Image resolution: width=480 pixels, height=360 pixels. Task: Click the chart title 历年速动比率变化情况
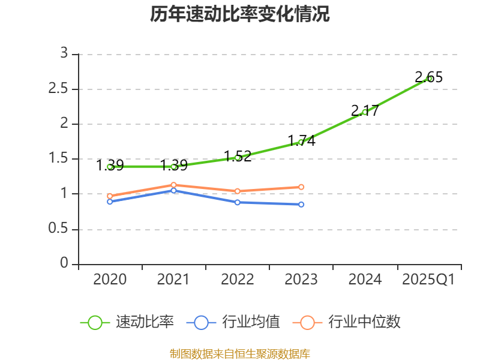click(x=240, y=14)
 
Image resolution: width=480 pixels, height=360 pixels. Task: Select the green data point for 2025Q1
click(x=429, y=79)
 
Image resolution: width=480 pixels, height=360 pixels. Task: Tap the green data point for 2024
click(x=365, y=112)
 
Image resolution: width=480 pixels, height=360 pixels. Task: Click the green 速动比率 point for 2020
click(x=110, y=167)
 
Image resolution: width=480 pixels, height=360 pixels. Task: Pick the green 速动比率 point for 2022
click(x=238, y=158)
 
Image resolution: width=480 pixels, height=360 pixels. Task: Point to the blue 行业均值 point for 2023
click(x=301, y=205)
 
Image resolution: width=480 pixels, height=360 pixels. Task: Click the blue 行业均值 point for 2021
click(x=173, y=190)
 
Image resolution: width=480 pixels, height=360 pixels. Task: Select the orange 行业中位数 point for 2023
click(x=301, y=187)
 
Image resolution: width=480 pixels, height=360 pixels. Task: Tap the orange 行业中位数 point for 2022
click(x=238, y=191)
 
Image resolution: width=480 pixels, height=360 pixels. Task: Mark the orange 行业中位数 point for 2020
click(x=110, y=196)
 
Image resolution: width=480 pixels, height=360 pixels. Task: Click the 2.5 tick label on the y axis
click(x=59, y=89)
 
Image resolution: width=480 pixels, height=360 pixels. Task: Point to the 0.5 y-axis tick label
click(x=59, y=230)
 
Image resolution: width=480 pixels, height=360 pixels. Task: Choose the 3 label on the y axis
click(x=64, y=54)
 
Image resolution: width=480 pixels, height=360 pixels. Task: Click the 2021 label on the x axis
click(x=173, y=280)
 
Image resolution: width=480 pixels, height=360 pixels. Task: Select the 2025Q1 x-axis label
click(x=428, y=280)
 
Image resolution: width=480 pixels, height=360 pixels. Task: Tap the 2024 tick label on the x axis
click(x=365, y=280)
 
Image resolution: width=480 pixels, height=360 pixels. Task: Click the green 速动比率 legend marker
click(x=95, y=322)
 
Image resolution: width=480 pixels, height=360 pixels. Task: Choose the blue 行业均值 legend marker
click(x=201, y=322)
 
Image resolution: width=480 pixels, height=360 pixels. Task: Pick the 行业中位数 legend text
click(x=364, y=322)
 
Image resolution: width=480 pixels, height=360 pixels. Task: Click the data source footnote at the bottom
click(x=240, y=353)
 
